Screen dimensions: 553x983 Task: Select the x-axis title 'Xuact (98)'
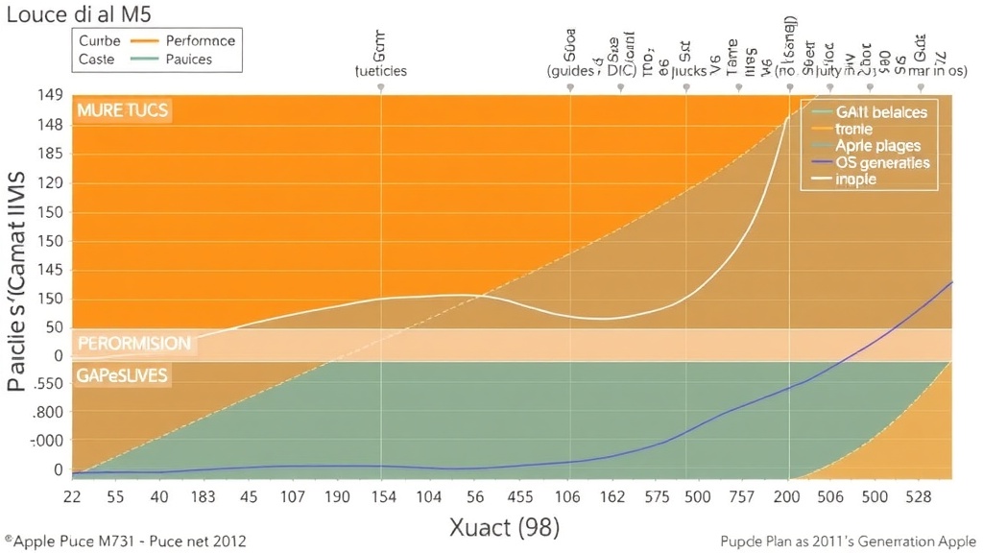[504, 526]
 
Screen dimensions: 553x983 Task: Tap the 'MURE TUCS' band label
[122, 110]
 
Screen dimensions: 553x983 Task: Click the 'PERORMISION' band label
[133, 343]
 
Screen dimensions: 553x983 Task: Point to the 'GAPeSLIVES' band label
[123, 375]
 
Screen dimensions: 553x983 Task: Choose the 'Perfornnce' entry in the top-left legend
[201, 41]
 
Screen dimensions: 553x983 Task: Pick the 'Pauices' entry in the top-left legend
[189, 60]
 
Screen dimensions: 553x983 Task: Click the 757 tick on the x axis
[741, 496]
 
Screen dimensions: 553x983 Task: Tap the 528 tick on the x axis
[920, 496]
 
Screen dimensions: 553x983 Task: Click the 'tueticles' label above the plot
[381, 71]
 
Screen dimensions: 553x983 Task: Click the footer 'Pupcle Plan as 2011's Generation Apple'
[846, 541]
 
